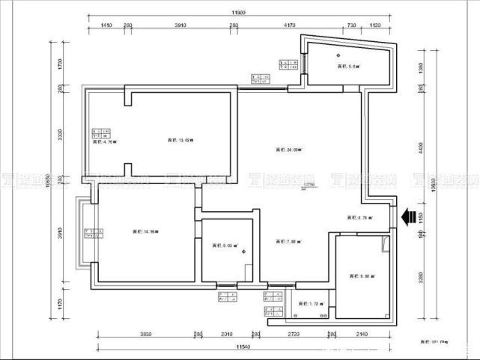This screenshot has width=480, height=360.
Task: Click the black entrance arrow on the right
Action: [409, 217]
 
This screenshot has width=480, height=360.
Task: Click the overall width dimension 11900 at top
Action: [239, 13]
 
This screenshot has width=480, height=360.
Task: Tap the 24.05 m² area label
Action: [288, 150]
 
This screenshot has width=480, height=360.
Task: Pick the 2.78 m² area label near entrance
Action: [359, 218]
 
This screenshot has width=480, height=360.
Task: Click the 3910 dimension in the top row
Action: [180, 25]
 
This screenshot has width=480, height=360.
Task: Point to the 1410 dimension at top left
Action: [106, 25]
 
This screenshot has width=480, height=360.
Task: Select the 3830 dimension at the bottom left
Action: [145, 335]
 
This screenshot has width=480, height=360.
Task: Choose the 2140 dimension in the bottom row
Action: [363, 335]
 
